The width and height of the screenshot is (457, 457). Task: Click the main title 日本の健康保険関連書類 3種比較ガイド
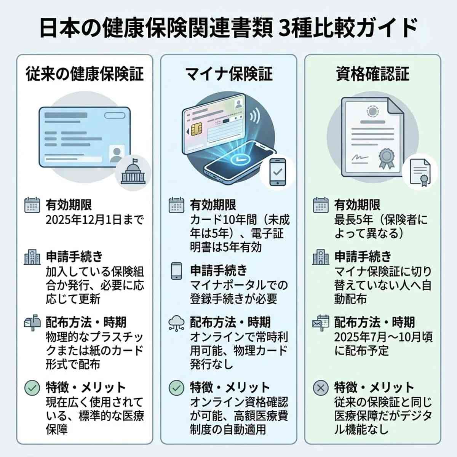tap(228, 29)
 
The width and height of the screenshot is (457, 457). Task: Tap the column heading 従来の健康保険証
tap(85, 74)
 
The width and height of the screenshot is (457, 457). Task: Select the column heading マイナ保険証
tap(228, 74)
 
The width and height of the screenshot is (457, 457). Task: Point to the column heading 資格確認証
tap(372, 74)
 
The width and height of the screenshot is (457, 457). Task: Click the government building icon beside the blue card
tap(133, 172)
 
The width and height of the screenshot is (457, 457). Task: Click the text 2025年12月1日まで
tap(94, 220)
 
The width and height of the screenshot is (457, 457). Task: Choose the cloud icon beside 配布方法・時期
tap(176, 323)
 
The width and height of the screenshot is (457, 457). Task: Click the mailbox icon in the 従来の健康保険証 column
tap(32, 323)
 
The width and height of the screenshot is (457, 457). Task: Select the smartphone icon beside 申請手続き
tap(176, 271)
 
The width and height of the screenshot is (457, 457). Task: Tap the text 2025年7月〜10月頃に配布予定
tap(383, 344)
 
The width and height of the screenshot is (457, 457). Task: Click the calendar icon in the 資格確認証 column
tap(320, 205)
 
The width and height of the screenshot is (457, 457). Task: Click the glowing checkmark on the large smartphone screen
tap(239, 158)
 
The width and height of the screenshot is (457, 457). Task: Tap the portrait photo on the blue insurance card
tap(116, 153)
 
